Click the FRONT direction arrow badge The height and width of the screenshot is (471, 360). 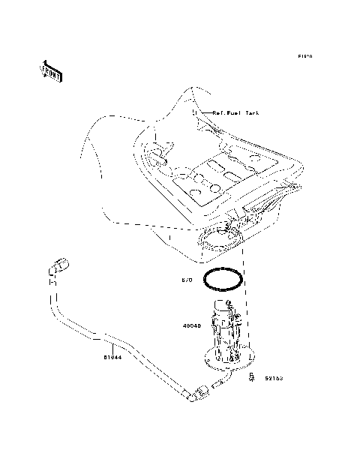(51, 70)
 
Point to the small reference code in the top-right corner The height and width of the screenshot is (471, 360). (304, 56)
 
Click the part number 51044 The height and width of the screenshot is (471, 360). (113, 358)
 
